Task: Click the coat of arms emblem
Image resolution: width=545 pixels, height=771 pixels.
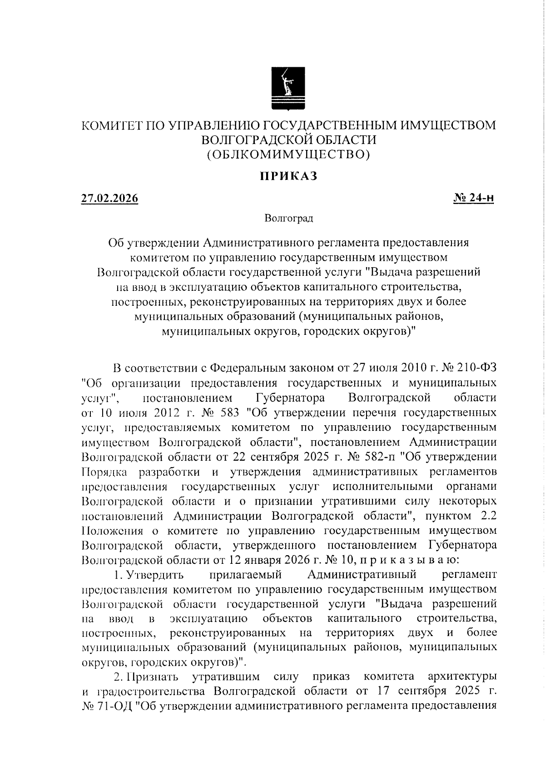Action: tap(288, 88)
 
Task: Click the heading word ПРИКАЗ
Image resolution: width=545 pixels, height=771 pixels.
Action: tap(288, 176)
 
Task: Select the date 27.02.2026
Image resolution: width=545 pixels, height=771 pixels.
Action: tap(109, 199)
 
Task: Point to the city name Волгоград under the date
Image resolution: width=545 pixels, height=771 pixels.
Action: tap(289, 219)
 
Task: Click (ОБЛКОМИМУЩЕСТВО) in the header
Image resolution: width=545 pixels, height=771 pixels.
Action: tap(288, 155)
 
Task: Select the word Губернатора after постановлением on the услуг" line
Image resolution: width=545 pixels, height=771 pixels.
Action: tap(290, 398)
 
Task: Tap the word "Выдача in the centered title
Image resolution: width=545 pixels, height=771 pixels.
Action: tap(398, 273)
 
